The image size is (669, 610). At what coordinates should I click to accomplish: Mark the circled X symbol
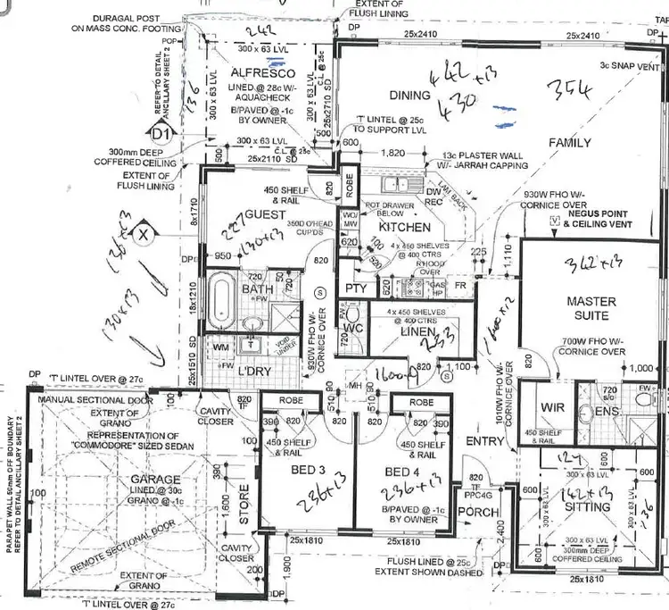(x=142, y=235)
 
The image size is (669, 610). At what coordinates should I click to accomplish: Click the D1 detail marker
(x=161, y=135)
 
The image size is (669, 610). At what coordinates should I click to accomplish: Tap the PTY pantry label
(x=354, y=288)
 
